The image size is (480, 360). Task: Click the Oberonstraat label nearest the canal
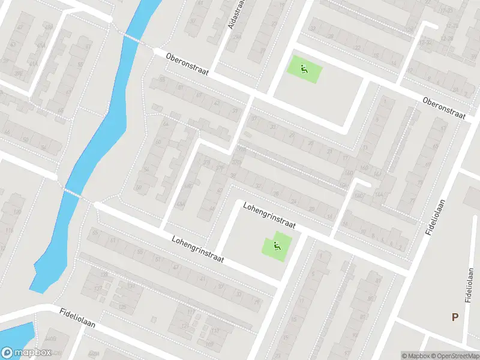[187, 62]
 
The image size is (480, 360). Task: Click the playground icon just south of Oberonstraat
[304, 69]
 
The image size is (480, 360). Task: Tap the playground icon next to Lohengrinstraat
[277, 245]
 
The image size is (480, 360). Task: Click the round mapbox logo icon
[7, 353]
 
